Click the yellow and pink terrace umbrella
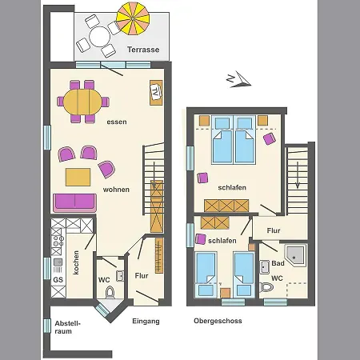pos(133,18)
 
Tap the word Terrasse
pos(143,50)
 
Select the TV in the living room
pos(156,92)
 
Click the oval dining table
pos(82,102)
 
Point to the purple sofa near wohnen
pos(75,202)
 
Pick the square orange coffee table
pos(78,177)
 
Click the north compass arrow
pos(238,79)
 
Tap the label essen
pos(117,122)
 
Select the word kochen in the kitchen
pos(76,262)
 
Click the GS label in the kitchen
pos(58,280)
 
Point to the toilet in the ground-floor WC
pos(110,292)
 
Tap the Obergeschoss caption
pos(218,321)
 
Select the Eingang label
pos(146,322)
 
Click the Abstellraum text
pos(67,327)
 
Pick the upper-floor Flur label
pos(274,230)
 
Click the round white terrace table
pos(99,37)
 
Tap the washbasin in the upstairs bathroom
pos(265,266)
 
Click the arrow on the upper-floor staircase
pos(298,175)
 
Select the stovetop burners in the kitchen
pos(58,241)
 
